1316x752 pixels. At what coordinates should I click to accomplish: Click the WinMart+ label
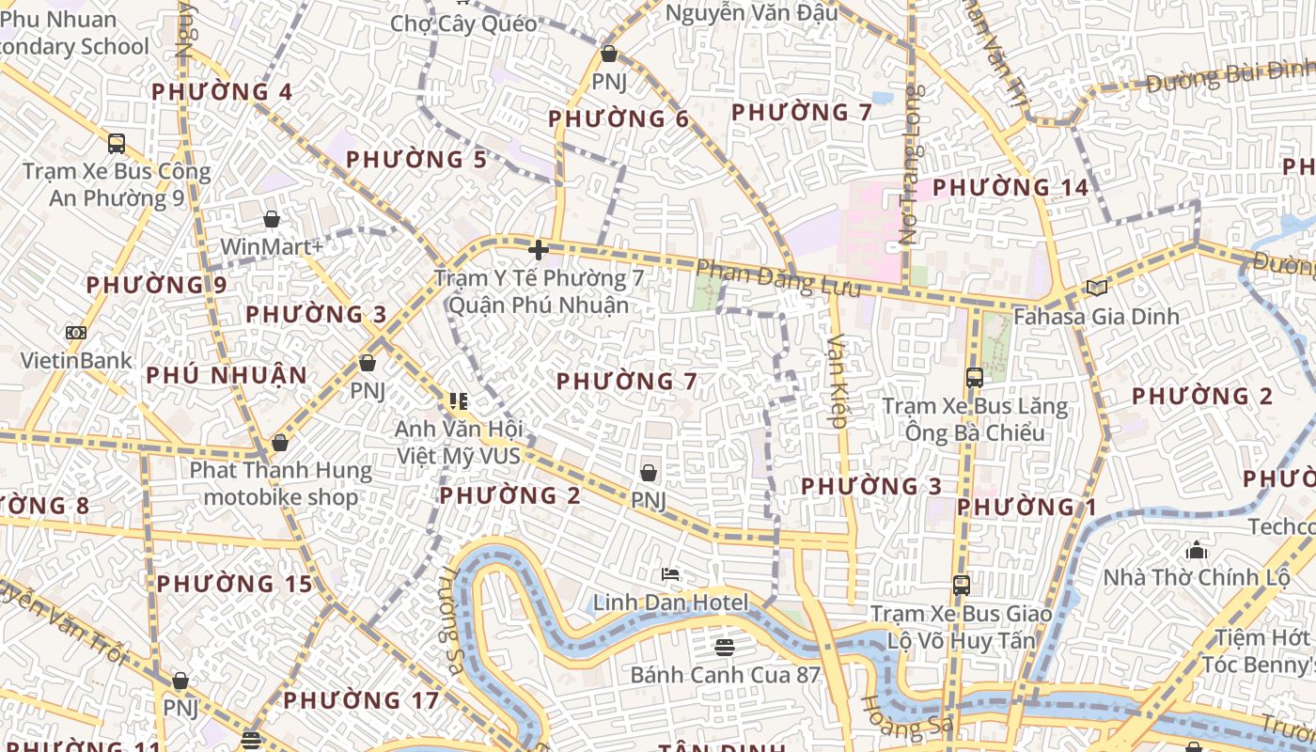tap(272, 247)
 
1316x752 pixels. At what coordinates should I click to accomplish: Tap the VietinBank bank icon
tap(76, 333)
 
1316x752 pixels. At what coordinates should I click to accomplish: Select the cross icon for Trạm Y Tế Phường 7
tap(539, 250)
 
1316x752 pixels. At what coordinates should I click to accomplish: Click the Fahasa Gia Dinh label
tap(1096, 317)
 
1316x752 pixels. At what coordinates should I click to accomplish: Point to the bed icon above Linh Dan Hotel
tap(670, 574)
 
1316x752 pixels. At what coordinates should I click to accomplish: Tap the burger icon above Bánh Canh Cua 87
tap(724, 647)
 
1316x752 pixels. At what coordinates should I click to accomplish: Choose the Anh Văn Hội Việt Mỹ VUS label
tap(458, 442)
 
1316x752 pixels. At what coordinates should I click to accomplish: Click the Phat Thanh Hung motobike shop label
tap(281, 483)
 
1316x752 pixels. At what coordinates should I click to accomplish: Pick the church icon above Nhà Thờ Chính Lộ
tap(1197, 549)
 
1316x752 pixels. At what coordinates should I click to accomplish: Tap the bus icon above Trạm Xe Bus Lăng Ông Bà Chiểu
tap(975, 378)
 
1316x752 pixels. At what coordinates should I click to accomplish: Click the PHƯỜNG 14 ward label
tap(1010, 187)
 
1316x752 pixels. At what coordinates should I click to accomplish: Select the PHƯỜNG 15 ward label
tap(234, 584)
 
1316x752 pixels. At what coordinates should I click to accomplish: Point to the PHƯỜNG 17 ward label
tap(361, 700)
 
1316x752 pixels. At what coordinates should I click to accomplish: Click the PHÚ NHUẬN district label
tap(227, 375)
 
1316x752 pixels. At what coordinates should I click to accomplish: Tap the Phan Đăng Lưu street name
tap(778, 279)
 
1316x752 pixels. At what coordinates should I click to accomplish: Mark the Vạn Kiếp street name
tap(838, 381)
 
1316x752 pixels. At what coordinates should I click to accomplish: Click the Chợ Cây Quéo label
tap(463, 23)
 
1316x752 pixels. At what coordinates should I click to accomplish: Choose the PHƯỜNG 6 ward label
tap(619, 119)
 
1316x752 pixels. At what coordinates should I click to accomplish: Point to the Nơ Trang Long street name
tap(909, 164)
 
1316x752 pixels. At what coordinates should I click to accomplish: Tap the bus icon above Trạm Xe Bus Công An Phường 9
tap(117, 143)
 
